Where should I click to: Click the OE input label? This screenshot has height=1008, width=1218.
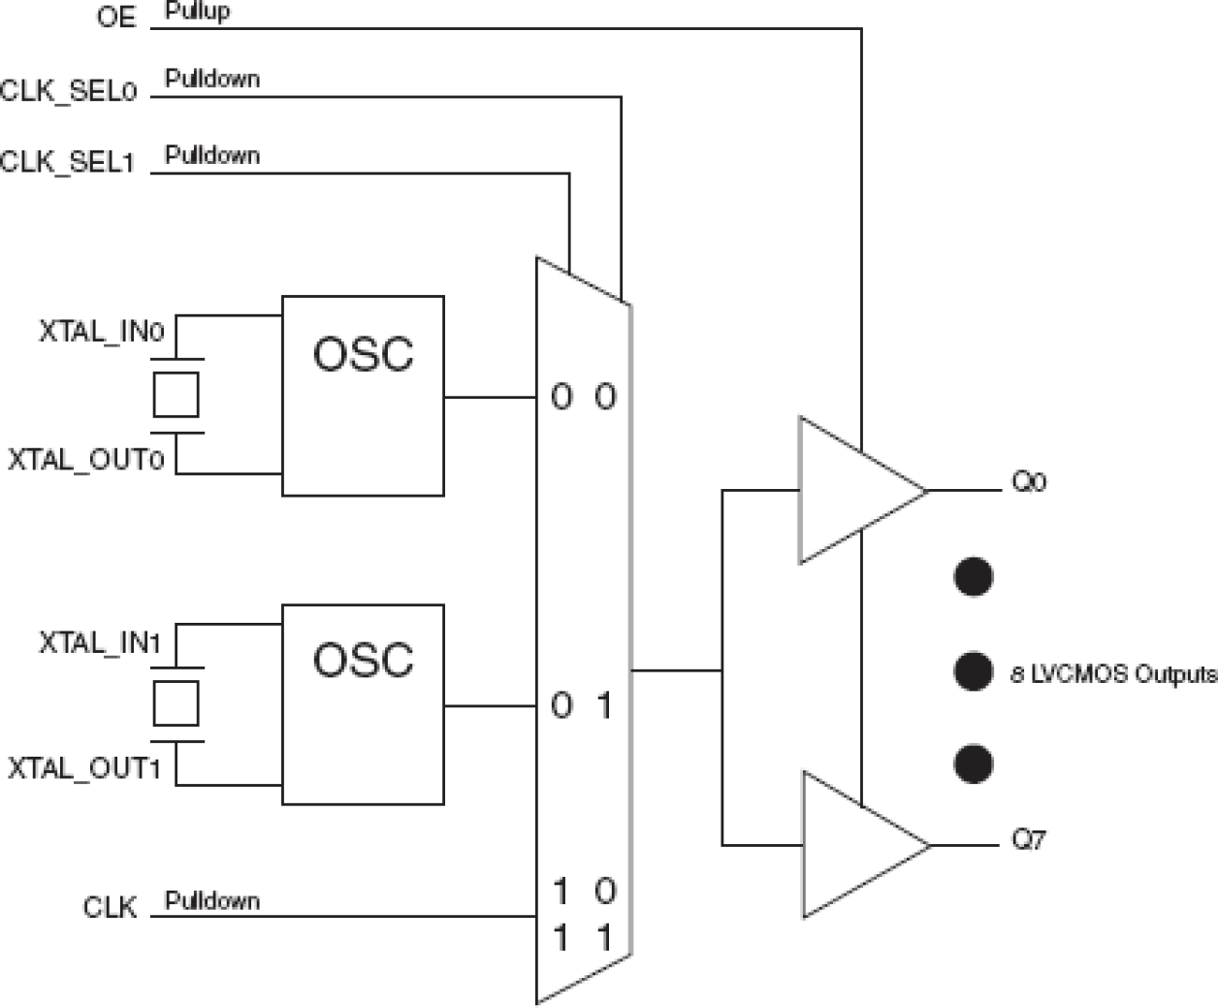(116, 17)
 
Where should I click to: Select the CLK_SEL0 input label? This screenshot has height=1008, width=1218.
(69, 91)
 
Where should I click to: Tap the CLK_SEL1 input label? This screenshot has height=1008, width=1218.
(67, 162)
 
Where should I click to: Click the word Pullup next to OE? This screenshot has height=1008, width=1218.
(198, 12)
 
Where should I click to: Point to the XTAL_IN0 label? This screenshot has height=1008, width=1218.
(102, 332)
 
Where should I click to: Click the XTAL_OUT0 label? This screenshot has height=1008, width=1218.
(86, 459)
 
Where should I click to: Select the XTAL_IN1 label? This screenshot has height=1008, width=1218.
(100, 642)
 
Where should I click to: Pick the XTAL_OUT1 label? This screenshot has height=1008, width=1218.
(84, 768)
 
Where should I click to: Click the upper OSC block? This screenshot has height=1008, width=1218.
(363, 396)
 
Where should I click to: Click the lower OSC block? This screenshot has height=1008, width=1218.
(363, 704)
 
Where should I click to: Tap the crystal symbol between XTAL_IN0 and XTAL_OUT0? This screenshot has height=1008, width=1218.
(176, 394)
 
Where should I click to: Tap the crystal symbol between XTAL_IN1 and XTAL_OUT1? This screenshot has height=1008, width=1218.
(176, 703)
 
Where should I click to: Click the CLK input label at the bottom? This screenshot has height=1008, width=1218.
(110, 908)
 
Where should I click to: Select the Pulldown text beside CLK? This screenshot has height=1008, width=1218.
(212, 900)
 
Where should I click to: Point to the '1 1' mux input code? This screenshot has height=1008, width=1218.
(583, 938)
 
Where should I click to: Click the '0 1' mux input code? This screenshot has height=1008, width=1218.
(583, 705)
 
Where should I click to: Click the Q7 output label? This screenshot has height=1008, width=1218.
(1029, 839)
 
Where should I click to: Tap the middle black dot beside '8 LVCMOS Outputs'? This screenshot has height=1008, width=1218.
(973, 671)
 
